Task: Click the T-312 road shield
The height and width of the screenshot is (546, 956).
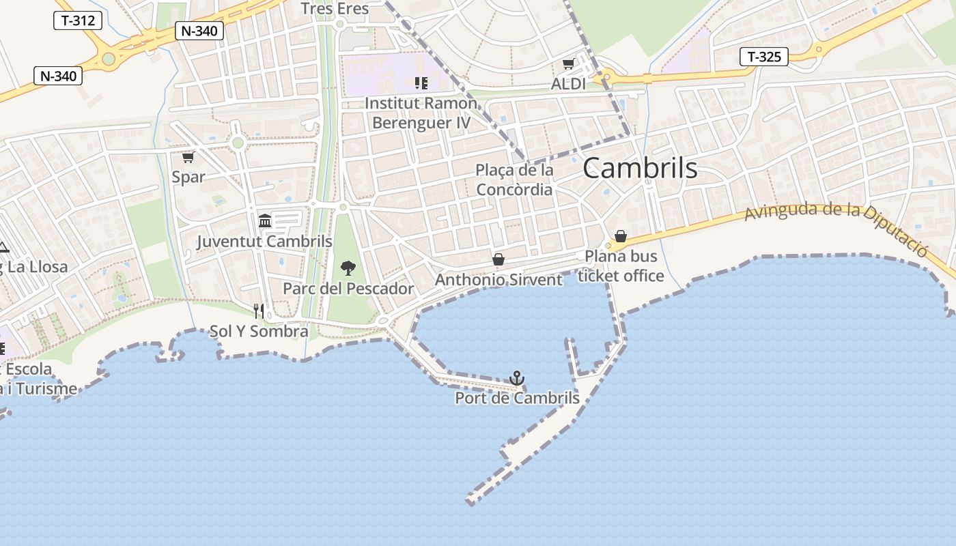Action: pyautogui.click(x=78, y=20)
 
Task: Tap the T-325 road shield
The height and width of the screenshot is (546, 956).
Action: pyautogui.click(x=764, y=57)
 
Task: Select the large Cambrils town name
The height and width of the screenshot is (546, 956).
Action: pyautogui.click(x=640, y=169)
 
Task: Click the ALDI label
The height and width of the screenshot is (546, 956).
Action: pyautogui.click(x=568, y=84)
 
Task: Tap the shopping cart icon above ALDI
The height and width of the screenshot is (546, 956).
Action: pyautogui.click(x=568, y=65)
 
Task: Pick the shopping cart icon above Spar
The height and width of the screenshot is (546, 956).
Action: pyautogui.click(x=188, y=157)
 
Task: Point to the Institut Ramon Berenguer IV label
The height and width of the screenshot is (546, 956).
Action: pyautogui.click(x=421, y=113)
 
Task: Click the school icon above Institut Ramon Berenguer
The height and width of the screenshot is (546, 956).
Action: pyautogui.click(x=421, y=83)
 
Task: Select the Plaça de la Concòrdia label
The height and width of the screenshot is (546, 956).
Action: pyautogui.click(x=514, y=179)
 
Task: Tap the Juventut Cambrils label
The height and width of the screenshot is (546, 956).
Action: pyautogui.click(x=265, y=241)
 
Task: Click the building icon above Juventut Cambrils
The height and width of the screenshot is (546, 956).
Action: pyautogui.click(x=265, y=220)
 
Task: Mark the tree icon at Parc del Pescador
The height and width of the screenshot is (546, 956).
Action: pyautogui.click(x=348, y=268)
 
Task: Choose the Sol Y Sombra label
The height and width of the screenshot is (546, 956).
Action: pyautogui.click(x=259, y=332)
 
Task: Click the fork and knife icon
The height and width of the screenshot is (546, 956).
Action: pyautogui.click(x=259, y=311)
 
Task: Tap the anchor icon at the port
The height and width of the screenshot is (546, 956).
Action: pyautogui.click(x=517, y=378)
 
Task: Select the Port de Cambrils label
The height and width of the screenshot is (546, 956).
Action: pyautogui.click(x=517, y=398)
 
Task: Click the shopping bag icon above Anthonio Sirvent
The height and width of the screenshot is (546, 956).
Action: pyautogui.click(x=498, y=259)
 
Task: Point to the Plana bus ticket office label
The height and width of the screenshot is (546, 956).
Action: pyautogui.click(x=621, y=266)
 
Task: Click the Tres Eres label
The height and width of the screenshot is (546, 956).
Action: pyautogui.click(x=335, y=9)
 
